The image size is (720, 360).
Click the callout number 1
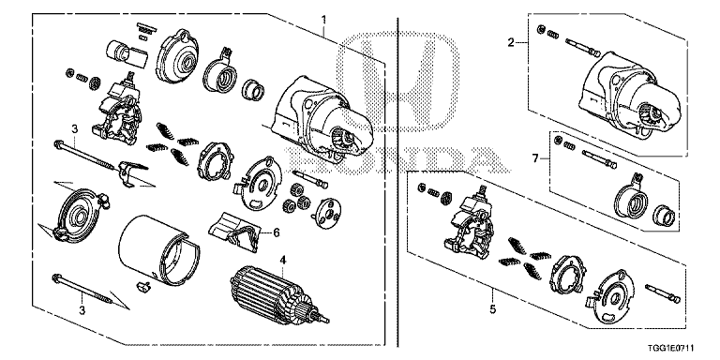coord(324,19)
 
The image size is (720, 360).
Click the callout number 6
coord(277,232)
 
